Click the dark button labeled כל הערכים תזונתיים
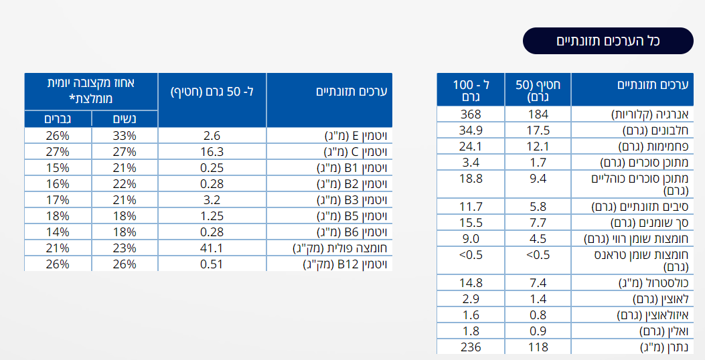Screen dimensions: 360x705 pyautogui.click(x=608, y=41)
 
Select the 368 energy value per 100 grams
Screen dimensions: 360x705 pyautogui.click(x=471, y=114)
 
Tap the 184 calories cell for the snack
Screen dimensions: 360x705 pyautogui.click(x=538, y=114)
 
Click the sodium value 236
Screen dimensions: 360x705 pyautogui.click(x=471, y=347)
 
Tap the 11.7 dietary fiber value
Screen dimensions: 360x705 pyautogui.click(x=471, y=207)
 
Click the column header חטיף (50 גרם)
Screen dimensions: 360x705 pyautogui.click(x=538, y=90)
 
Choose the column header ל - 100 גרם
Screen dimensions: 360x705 pyautogui.click(x=471, y=90)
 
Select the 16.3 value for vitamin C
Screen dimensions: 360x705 pyautogui.click(x=212, y=152)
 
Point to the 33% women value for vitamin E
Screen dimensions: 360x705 pyautogui.click(x=124, y=136)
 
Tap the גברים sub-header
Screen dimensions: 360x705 pyautogui.click(x=58, y=119)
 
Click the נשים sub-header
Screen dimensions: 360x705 pyautogui.click(x=124, y=119)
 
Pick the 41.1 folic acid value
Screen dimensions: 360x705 pyautogui.click(x=212, y=248)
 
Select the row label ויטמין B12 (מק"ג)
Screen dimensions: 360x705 pyautogui.click(x=347, y=264)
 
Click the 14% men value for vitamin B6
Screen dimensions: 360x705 pyautogui.click(x=58, y=232)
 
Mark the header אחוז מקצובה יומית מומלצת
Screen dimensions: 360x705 pyautogui.click(x=91, y=90)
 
